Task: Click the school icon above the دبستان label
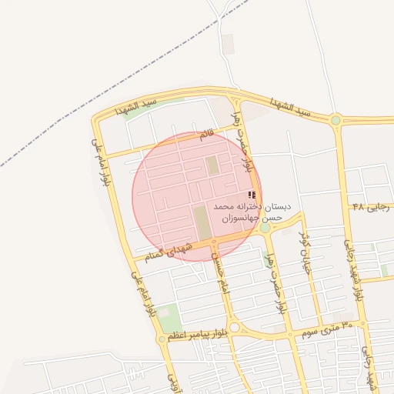click(252, 195)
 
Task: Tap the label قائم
click(206, 135)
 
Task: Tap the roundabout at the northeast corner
click(336, 120)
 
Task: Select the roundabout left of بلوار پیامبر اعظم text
click(162, 339)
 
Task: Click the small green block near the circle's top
click(212, 165)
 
